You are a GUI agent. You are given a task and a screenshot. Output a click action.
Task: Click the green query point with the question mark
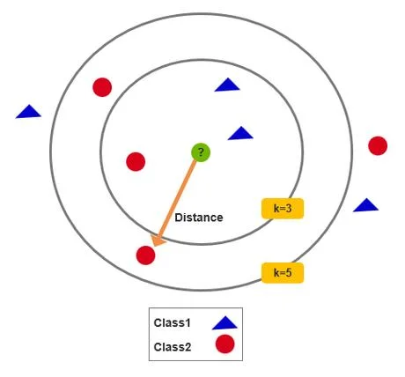[x=201, y=152]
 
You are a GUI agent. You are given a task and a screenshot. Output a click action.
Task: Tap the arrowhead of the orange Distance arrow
[x=158, y=240]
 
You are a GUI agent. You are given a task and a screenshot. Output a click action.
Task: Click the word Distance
[x=199, y=218]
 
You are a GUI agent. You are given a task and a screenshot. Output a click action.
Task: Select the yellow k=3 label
[x=283, y=209]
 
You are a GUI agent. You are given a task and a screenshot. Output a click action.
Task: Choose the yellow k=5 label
[x=283, y=273]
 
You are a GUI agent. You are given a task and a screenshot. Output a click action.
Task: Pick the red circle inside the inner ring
[x=136, y=161]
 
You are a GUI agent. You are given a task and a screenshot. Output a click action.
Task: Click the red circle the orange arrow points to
[x=145, y=255]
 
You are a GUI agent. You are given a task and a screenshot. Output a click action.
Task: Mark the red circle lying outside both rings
[x=378, y=145]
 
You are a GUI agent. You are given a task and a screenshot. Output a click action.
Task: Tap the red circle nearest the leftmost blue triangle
[x=102, y=87]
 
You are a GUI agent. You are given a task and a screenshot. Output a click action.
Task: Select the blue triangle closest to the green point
[x=240, y=134]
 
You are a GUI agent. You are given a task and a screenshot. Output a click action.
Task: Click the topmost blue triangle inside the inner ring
[x=227, y=85]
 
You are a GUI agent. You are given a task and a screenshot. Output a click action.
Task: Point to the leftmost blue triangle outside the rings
[x=28, y=112]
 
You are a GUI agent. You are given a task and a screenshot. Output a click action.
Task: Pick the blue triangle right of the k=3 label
[x=365, y=205]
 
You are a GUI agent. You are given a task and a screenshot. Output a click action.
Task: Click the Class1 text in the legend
[x=173, y=322]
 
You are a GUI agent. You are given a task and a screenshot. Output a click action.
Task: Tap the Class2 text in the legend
[x=173, y=347]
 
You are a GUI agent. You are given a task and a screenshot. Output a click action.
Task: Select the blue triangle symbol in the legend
[x=225, y=323]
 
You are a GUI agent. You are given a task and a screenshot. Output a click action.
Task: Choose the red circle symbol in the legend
[x=225, y=344]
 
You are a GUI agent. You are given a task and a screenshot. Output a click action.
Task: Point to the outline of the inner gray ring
[x=100, y=152]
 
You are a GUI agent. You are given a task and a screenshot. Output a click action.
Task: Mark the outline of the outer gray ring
[x=50, y=152]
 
